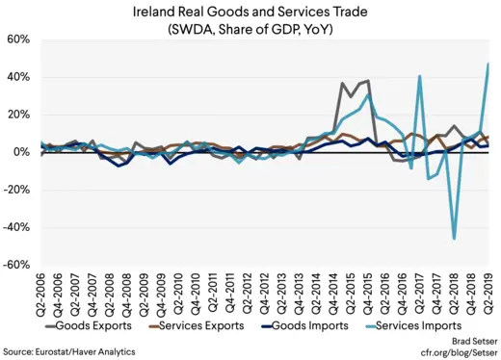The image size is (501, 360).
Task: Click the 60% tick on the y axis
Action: point(20,39)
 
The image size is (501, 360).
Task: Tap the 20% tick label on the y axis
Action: point(20,115)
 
